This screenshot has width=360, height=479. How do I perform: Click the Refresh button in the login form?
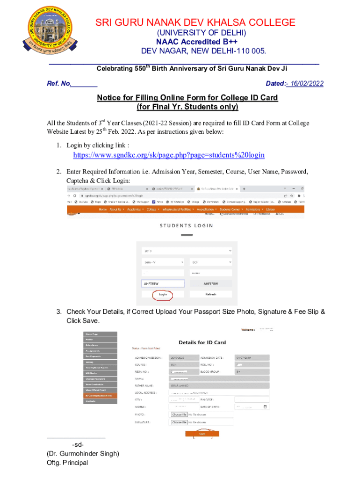[x=210, y=294]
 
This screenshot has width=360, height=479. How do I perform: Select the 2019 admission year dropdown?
[x=186, y=251]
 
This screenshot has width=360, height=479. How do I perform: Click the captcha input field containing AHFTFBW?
[x=163, y=283]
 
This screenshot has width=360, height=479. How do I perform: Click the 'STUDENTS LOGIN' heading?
[x=186, y=225]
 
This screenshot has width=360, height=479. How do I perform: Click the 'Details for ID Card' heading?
[x=202, y=342]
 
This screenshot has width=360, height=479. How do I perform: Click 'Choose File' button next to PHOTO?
[x=180, y=414]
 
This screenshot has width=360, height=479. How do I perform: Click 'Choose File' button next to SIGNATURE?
[x=180, y=422]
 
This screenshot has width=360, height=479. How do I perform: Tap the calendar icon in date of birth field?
[x=266, y=407]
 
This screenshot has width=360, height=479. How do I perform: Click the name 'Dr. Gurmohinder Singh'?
[x=83, y=454]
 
